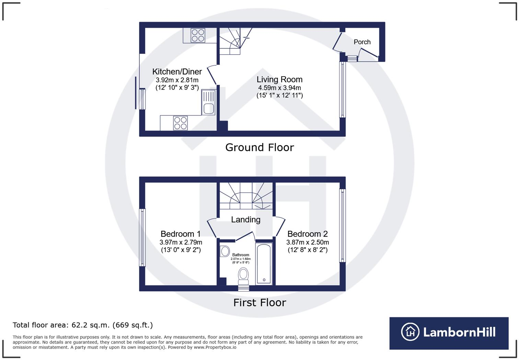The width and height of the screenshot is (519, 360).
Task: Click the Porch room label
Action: point(362,42)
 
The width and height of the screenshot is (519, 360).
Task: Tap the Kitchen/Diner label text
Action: point(177,72)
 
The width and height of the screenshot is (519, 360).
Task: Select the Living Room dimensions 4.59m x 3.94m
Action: point(279,88)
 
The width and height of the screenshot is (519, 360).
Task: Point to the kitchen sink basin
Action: point(209,109)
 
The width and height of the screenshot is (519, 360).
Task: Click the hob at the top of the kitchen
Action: point(198,35)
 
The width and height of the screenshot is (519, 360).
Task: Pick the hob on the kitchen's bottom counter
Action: point(181,123)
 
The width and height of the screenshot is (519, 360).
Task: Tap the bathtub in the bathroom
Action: point(264,264)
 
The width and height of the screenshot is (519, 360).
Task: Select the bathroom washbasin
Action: point(224,251)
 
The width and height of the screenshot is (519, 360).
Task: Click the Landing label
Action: point(246,220)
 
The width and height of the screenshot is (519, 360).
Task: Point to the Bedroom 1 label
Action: point(181,234)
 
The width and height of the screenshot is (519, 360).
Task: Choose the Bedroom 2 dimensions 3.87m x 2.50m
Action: point(308,242)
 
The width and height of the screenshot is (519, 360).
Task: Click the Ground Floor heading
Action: point(259,147)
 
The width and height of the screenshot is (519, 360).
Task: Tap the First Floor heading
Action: point(259,303)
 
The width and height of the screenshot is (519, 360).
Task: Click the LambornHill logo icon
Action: point(410,332)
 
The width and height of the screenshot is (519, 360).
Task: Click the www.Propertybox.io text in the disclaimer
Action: point(215,347)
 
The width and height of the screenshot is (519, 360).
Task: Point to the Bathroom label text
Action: point(241,255)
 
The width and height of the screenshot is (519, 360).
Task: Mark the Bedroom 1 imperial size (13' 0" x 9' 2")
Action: point(181,250)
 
